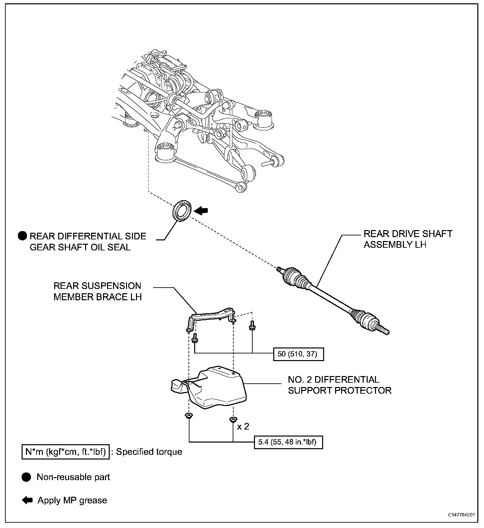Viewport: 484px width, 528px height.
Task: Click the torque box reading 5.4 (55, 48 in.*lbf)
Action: (288, 442)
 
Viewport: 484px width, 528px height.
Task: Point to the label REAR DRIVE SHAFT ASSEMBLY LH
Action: (408, 239)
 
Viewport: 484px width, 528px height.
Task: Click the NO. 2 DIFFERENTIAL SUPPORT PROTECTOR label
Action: (340, 385)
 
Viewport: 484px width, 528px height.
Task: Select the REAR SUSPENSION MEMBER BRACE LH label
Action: (97, 291)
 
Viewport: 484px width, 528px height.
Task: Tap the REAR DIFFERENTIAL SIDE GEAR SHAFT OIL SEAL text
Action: (88, 242)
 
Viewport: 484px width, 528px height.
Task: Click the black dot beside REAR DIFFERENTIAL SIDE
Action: (22, 236)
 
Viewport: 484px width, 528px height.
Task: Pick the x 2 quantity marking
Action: (243, 426)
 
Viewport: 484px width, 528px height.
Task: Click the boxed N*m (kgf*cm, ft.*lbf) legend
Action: (65, 452)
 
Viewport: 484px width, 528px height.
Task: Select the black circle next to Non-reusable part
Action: (26, 477)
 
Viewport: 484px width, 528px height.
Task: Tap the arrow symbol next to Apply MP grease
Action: (27, 500)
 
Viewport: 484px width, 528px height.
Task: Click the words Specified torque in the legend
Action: (149, 452)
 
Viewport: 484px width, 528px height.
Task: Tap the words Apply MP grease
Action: (72, 500)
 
